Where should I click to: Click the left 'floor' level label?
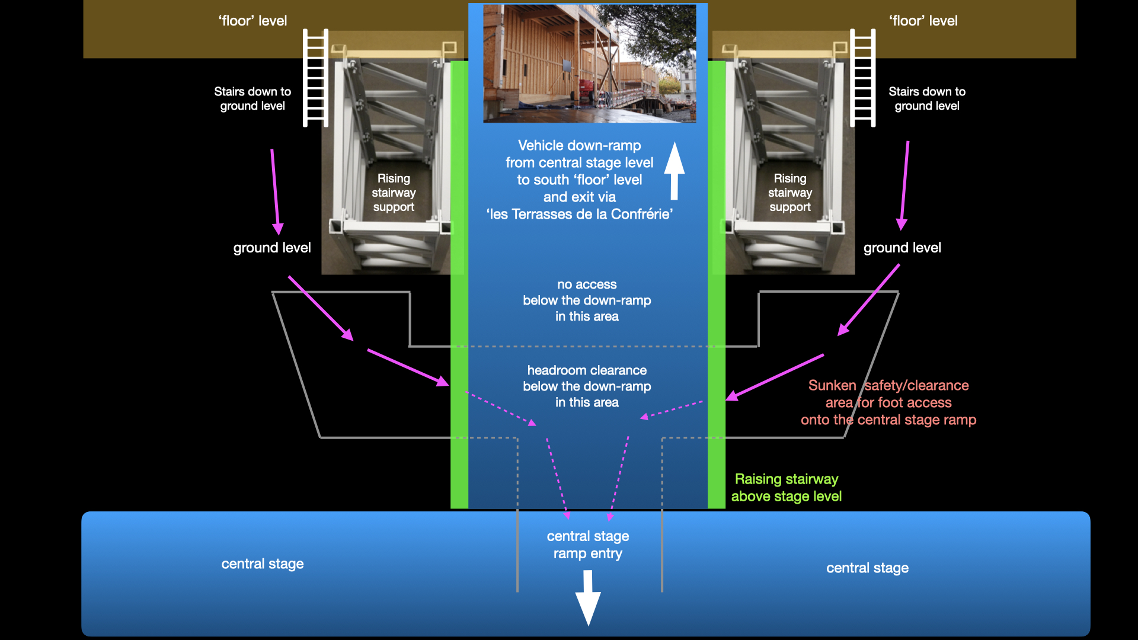pyautogui.click(x=252, y=21)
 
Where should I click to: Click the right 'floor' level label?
pyautogui.click(x=923, y=21)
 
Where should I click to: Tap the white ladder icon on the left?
pyautogui.click(x=315, y=78)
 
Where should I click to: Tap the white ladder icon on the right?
pyautogui.click(x=862, y=78)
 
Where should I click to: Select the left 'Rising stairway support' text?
pyautogui.click(x=394, y=193)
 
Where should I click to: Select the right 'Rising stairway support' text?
pyautogui.click(x=789, y=193)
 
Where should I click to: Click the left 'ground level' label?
pyautogui.click(x=272, y=248)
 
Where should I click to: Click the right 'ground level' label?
pyautogui.click(x=902, y=248)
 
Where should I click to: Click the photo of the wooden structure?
pyautogui.click(x=589, y=63)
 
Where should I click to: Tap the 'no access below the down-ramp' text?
pyautogui.click(x=587, y=300)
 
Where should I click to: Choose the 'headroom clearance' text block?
pyautogui.click(x=587, y=386)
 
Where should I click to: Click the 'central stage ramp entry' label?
pyautogui.click(x=588, y=545)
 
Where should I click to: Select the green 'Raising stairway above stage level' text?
pyautogui.click(x=786, y=488)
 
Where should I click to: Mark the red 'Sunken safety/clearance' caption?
pyautogui.click(x=888, y=403)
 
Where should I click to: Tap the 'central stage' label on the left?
pyautogui.click(x=263, y=564)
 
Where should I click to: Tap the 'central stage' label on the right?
pyautogui.click(x=867, y=568)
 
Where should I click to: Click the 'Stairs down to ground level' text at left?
pyautogui.click(x=252, y=99)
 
